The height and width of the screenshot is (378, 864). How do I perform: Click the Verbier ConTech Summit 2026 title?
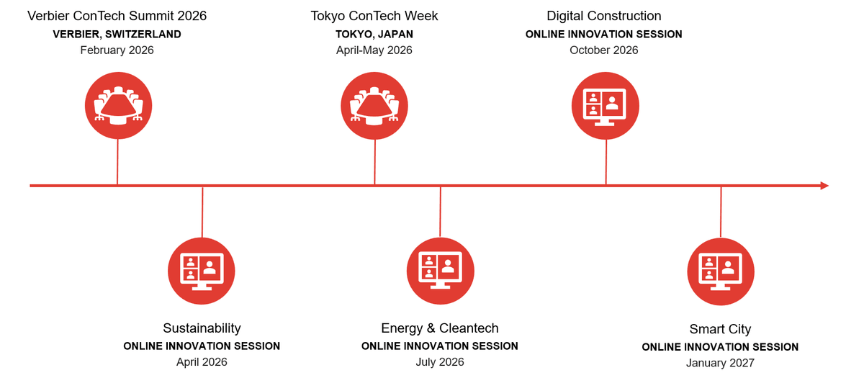[117, 16]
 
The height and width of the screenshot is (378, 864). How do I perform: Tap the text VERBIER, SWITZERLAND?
[117, 35]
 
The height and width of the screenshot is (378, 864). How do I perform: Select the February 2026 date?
[117, 50]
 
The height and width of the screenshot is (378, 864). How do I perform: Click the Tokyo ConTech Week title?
[374, 16]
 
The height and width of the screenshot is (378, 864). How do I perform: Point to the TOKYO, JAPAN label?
[374, 35]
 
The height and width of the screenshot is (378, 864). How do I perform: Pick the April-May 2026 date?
[374, 50]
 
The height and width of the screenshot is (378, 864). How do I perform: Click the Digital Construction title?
[603, 16]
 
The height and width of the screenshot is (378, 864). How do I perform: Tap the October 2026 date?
[603, 50]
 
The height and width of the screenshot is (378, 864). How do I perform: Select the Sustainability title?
[202, 328]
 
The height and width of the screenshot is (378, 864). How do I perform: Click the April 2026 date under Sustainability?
[202, 361]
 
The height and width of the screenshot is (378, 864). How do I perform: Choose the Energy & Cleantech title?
[440, 328]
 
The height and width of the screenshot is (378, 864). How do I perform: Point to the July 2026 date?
[440, 361]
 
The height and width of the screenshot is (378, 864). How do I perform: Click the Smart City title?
[720, 329]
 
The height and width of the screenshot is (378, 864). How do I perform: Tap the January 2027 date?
[720, 363]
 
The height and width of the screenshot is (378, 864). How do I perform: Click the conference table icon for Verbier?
[118, 105]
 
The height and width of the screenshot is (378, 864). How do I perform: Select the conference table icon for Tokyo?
[374, 105]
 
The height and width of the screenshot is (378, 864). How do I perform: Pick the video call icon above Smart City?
[721, 271]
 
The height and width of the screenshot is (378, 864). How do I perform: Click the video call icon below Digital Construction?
[606, 105]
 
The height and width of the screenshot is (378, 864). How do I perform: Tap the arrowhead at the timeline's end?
[824, 186]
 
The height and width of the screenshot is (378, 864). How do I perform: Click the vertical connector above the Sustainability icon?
[202, 212]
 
